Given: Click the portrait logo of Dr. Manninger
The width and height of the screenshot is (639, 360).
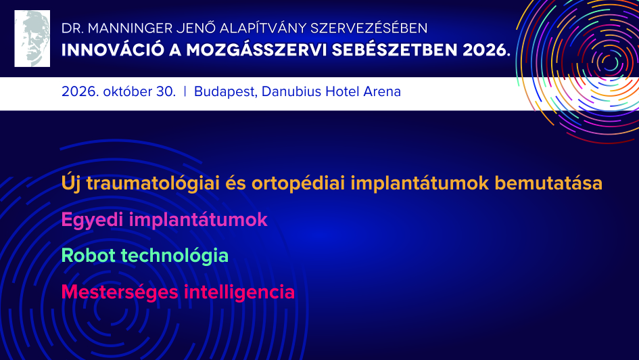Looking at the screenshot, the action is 32,39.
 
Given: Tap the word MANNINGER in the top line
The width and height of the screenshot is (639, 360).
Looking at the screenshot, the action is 131,28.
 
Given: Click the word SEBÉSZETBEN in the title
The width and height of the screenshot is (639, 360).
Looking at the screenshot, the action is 394,50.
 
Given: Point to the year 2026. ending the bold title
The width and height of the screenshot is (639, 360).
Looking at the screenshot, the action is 486,50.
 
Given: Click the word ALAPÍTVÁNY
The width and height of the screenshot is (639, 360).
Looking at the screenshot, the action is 263,28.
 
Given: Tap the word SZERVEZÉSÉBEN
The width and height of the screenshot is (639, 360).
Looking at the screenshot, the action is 369,28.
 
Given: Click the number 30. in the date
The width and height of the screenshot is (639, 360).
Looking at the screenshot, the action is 166,91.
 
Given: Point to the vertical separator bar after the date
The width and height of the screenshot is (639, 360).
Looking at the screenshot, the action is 185,91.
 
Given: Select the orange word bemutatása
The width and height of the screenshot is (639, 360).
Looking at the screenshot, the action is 548,183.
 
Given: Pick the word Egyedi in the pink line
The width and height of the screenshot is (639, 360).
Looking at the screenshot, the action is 92,220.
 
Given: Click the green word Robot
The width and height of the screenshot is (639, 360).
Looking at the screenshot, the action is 89,256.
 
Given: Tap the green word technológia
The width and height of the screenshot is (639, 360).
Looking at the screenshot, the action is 174,256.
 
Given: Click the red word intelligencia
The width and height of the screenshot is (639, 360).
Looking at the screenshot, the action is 239,292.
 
